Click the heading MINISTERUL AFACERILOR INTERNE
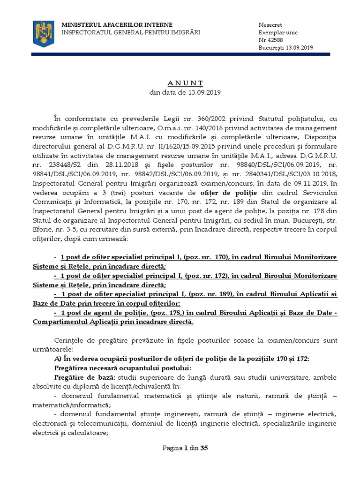(118, 25)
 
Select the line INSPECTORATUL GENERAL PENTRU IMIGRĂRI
(131, 32)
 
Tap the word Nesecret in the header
(270, 25)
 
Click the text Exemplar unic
(278, 32)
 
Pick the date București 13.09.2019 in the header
(285, 47)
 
